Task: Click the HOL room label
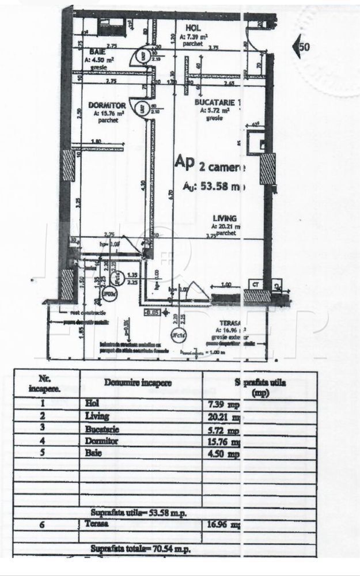[192, 28]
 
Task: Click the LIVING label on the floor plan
[222, 218]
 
